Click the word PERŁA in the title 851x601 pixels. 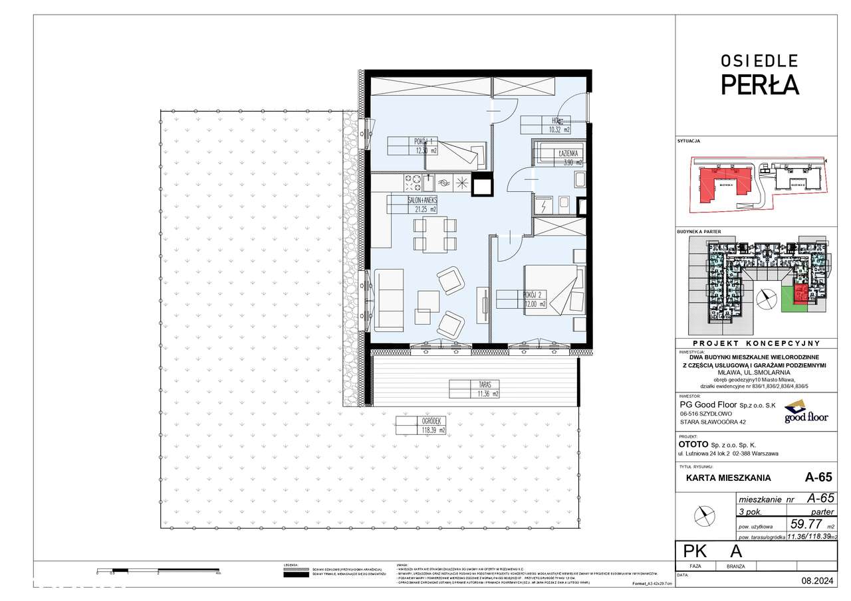pyautogui.click(x=760, y=85)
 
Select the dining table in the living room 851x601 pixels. pyautogui.click(x=435, y=234)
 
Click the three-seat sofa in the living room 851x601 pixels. pyautogui.click(x=389, y=300)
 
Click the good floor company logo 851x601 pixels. pyautogui.click(x=806, y=412)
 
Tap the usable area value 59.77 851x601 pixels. pyautogui.click(x=802, y=523)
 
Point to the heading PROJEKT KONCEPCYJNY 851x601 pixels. pyautogui.click(x=760, y=343)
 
